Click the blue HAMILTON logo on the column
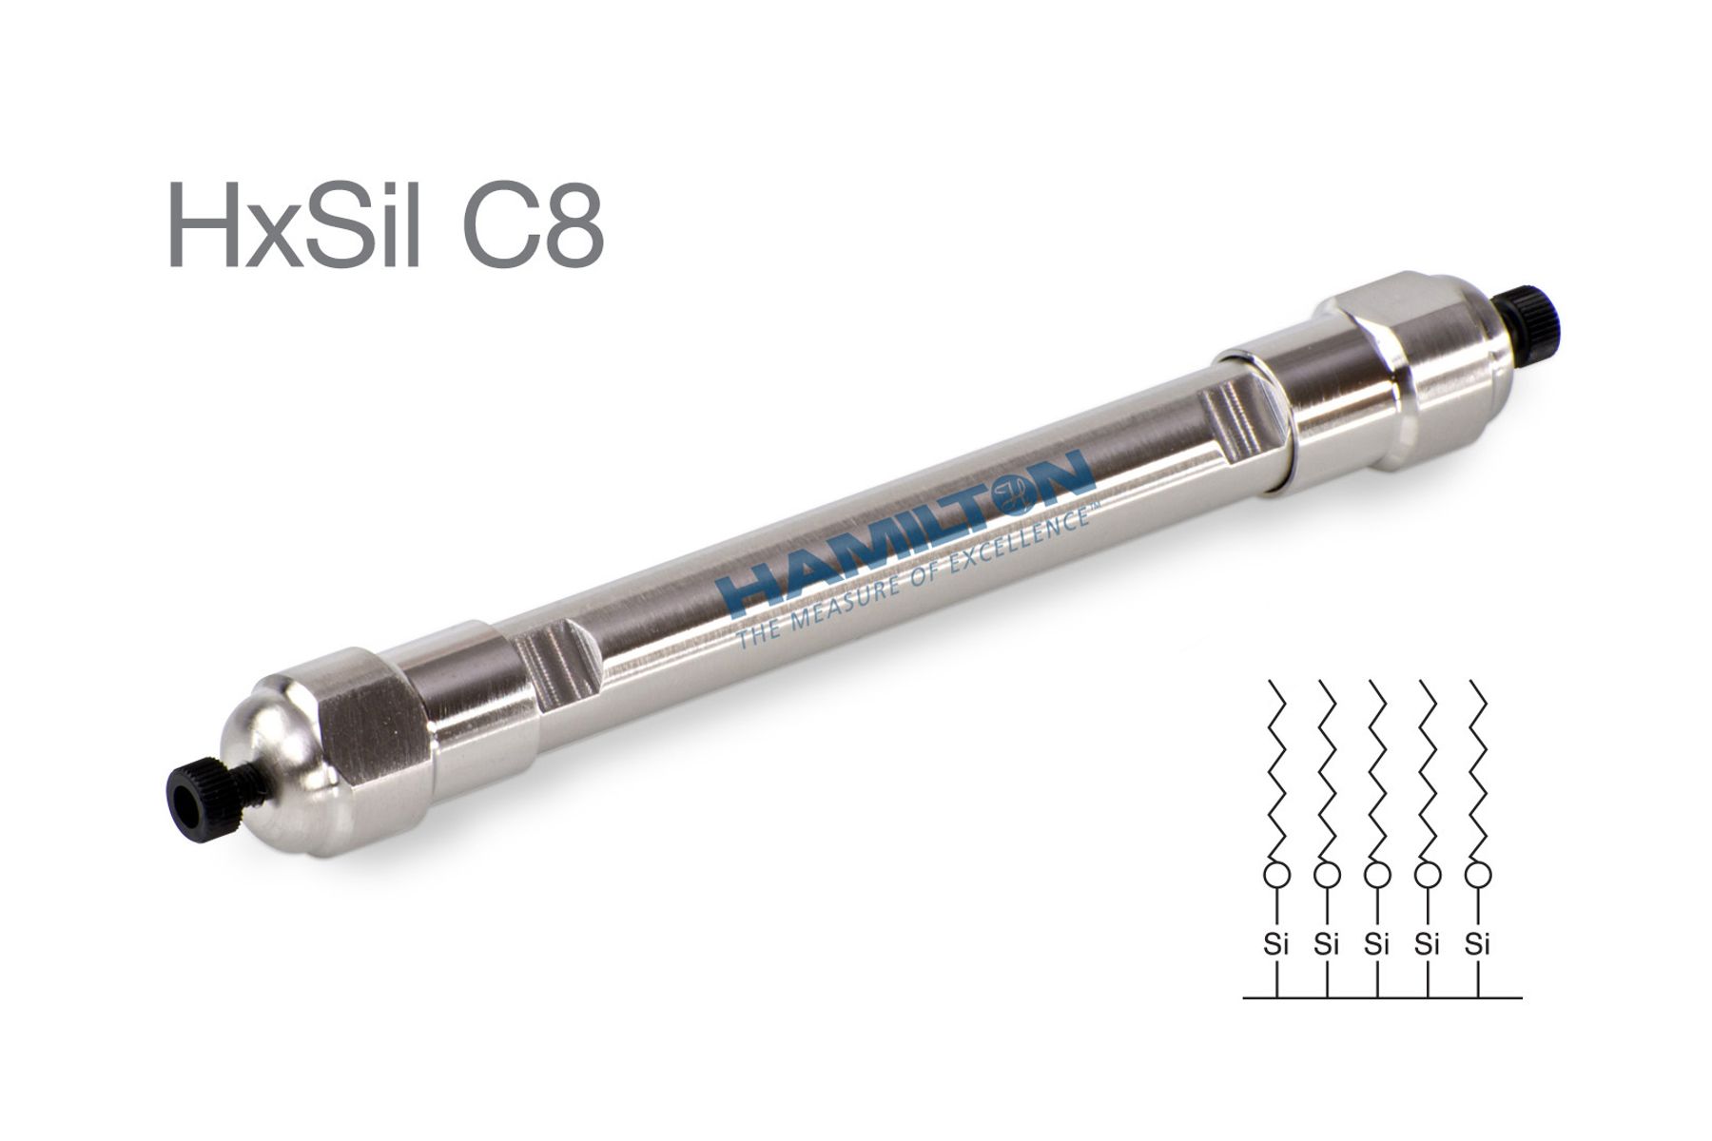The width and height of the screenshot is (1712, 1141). [901, 532]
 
